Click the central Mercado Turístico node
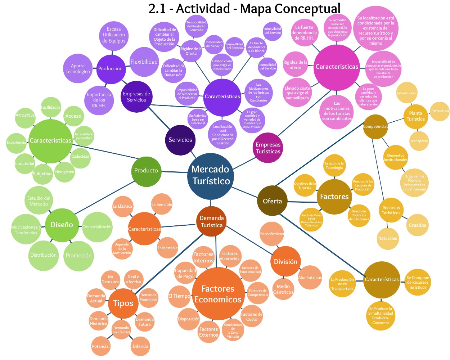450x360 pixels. tap(211, 176)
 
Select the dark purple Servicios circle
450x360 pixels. tap(180, 140)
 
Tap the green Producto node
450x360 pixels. tap(146, 171)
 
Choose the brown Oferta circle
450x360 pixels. tap(272, 201)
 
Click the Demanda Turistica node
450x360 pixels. tap(212, 222)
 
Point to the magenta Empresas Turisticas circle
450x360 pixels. tap(268, 148)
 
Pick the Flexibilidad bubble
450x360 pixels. tap(144, 62)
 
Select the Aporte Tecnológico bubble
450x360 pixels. tap(78, 68)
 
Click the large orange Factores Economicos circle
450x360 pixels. tap(217, 294)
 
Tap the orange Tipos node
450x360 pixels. tap(123, 303)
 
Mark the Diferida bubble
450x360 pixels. tap(140, 346)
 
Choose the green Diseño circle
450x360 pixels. tap(62, 225)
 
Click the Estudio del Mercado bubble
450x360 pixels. tap(39, 201)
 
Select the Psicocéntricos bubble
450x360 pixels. tap(272, 234)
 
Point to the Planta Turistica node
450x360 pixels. tap(415, 116)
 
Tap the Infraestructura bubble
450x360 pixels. tap(407, 94)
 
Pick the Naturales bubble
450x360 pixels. tap(388, 238)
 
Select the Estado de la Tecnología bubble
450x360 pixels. tap(334, 166)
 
